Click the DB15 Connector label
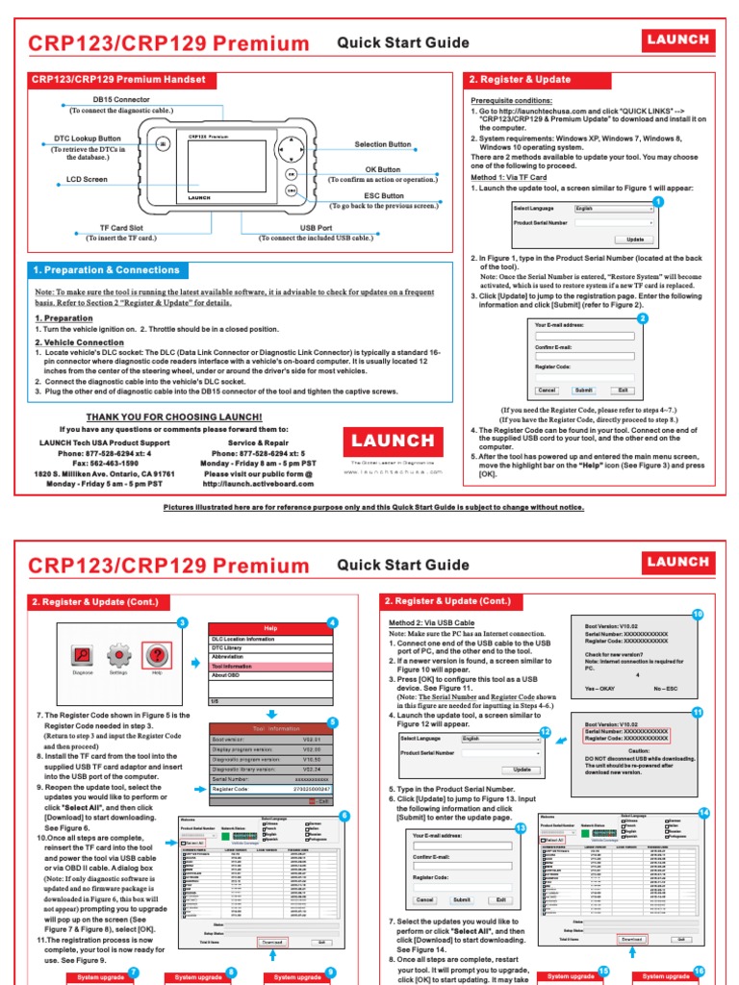coord(120,99)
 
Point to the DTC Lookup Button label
coord(87,139)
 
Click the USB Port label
coord(316,227)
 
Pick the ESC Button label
coord(384,195)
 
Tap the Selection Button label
coord(382,144)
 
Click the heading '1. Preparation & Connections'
coord(107,270)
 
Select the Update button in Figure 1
coord(635,239)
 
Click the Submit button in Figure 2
coord(583,391)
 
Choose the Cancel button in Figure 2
coord(547,391)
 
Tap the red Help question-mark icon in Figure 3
coord(154,656)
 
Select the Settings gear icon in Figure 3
coord(118,656)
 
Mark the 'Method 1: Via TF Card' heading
coord(508,178)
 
